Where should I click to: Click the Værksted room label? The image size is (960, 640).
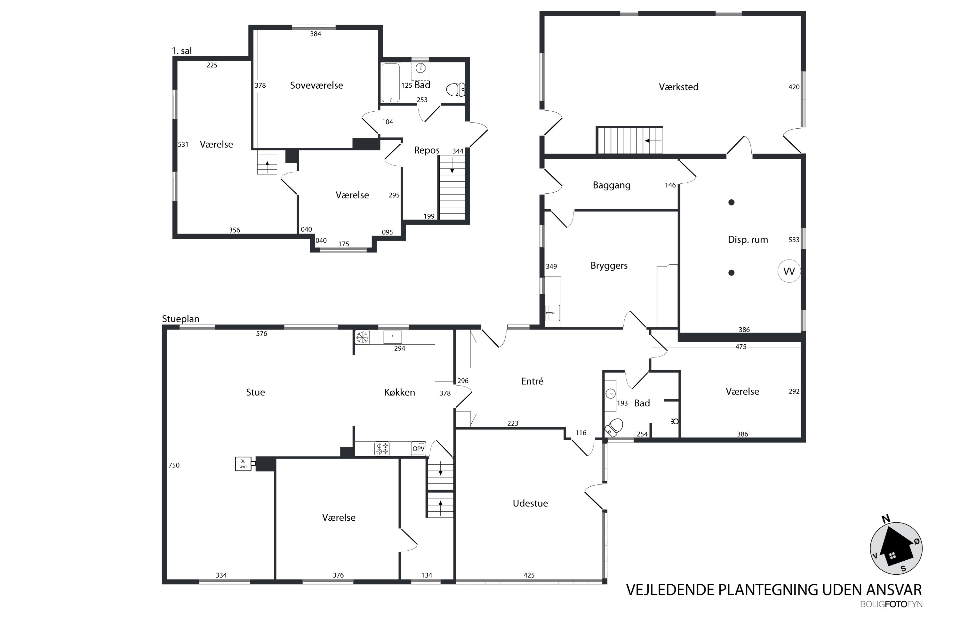tap(678, 87)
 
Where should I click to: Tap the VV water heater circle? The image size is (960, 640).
tap(789, 271)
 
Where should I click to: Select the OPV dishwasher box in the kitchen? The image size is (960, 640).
tap(418, 449)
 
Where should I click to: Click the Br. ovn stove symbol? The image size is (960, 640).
tap(243, 464)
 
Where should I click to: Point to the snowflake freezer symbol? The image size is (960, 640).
tap(362, 337)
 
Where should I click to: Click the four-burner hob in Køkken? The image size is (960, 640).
tap(382, 449)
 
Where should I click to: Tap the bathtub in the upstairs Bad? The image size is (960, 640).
tap(391, 83)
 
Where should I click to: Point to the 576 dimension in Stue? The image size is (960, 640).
tap(262, 334)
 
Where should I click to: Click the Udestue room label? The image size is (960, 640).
tap(530, 503)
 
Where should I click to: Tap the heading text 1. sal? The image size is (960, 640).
tap(182, 51)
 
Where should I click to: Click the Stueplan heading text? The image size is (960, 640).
tap(181, 319)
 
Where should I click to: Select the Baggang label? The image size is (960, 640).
tap(612, 185)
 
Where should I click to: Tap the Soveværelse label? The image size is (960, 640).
tap(316, 85)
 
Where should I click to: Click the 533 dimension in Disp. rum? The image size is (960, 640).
tap(794, 240)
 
